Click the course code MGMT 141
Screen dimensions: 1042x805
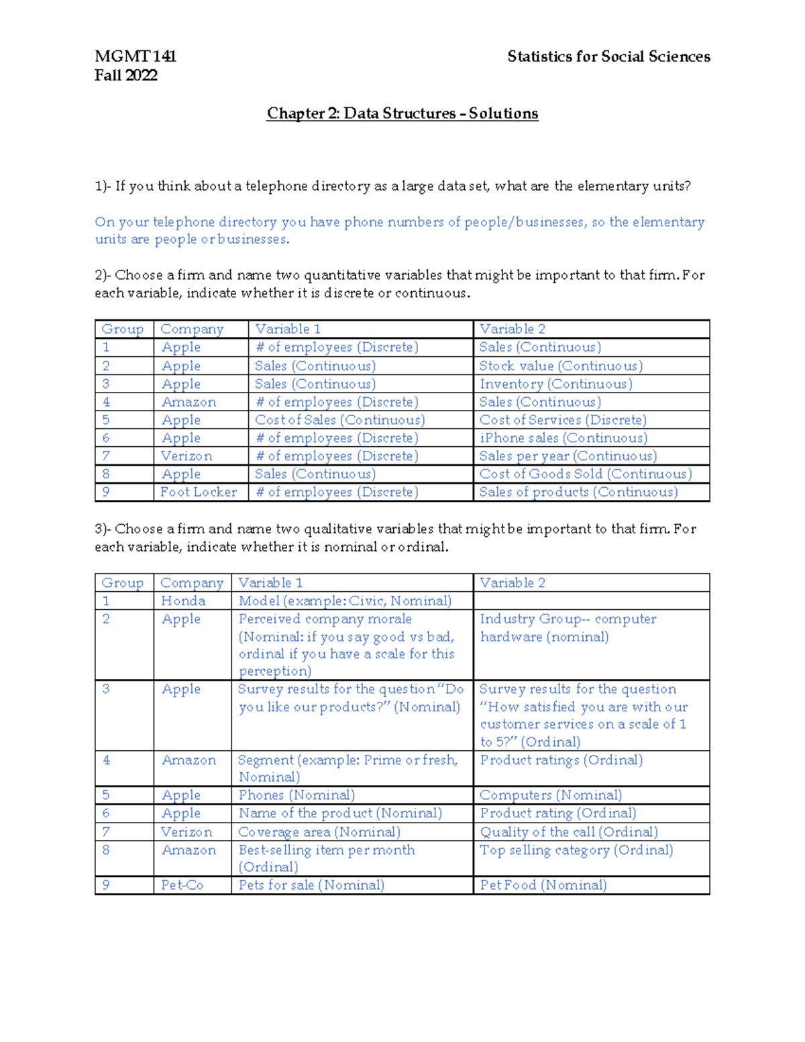[x=136, y=56]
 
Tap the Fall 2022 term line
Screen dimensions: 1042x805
[x=126, y=75]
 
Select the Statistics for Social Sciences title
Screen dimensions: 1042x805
[x=608, y=56]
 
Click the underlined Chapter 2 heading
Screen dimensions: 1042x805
[x=402, y=113]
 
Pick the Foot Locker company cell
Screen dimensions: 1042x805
[x=199, y=492]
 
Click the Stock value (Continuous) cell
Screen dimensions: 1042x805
[x=561, y=366]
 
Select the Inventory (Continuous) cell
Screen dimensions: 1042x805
[x=555, y=384]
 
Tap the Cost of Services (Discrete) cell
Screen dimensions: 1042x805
[x=563, y=420]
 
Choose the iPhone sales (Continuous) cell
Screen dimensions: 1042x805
[x=563, y=438]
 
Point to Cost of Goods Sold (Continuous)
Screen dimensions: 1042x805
[x=585, y=474]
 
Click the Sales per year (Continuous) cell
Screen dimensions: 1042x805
[x=568, y=456]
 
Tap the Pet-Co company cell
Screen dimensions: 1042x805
[x=182, y=885]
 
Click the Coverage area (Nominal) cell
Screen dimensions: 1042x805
[x=319, y=832]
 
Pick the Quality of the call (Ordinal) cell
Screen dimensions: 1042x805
[x=569, y=832]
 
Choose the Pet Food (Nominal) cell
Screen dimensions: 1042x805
[x=543, y=885]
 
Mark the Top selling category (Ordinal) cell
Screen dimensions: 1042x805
[x=576, y=850]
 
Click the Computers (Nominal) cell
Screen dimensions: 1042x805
[x=551, y=795]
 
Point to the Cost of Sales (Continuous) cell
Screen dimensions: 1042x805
[x=339, y=420]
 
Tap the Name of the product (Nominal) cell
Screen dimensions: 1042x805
[x=340, y=813]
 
